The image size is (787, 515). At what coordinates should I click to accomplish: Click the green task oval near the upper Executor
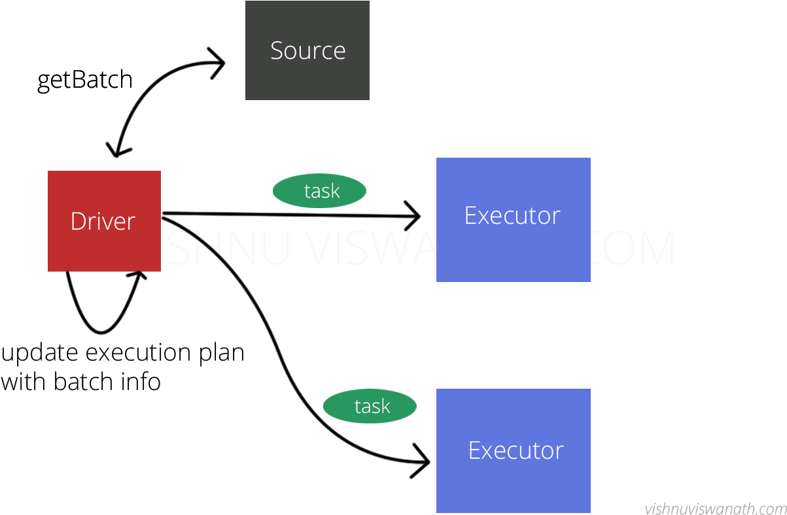pos(319,191)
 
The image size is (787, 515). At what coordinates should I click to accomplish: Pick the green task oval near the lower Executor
pos(370,406)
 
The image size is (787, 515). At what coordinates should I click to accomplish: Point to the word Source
pos(307,50)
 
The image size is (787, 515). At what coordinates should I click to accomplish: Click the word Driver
pos(103,221)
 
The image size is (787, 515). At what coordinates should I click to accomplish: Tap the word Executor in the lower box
pos(516,450)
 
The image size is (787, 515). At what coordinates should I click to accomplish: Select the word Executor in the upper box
pos(512,215)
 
